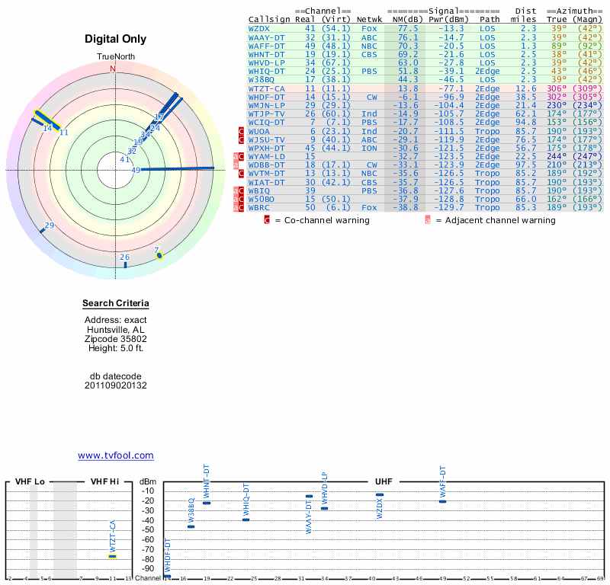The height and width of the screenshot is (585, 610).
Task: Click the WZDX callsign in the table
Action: pos(258,28)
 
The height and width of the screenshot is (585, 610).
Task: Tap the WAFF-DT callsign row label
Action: pos(266,46)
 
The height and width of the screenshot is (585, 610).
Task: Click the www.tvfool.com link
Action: pos(116,456)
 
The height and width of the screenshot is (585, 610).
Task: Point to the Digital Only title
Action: pos(116,39)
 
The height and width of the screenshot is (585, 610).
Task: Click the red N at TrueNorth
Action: pos(113,69)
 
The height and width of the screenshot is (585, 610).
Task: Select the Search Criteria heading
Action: pos(116,304)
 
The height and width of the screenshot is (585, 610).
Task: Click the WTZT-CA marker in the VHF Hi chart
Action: pos(112,556)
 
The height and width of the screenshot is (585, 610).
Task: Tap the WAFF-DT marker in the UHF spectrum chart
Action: pos(442,501)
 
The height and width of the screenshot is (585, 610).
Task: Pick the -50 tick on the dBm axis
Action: pos(148,530)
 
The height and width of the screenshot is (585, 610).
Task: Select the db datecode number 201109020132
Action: pos(116,385)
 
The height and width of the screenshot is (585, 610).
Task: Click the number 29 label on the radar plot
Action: pos(50,225)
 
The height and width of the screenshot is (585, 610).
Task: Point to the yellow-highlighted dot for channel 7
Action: pos(159,255)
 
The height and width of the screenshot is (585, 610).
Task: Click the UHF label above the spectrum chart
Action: pos(384,482)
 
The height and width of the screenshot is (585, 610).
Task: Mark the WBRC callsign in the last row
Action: pos(258,207)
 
